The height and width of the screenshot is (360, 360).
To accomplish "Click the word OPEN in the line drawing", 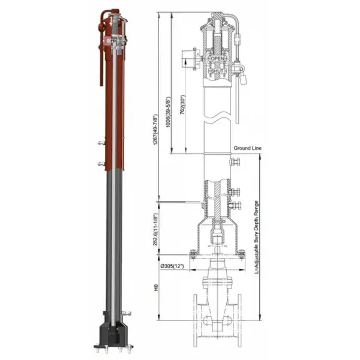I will point(217,59).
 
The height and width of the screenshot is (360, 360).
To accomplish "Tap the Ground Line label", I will point(246,147).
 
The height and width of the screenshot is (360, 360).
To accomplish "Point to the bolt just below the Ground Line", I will point(235,162).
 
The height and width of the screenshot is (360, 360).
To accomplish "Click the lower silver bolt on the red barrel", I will point(98,163).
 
